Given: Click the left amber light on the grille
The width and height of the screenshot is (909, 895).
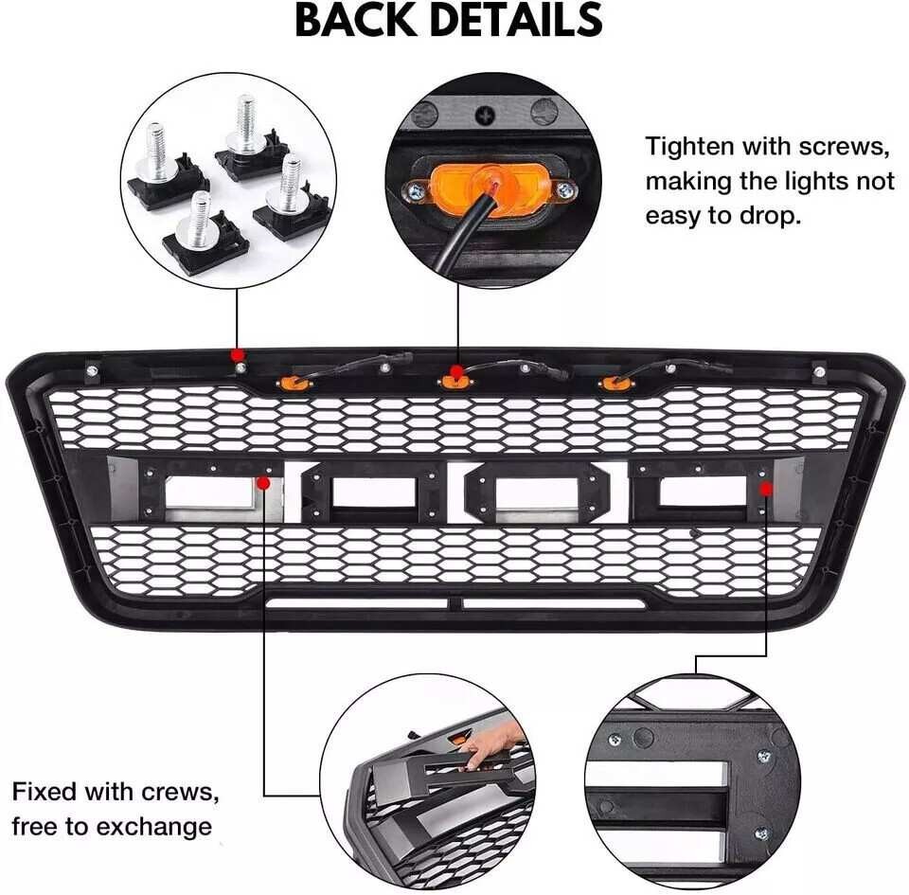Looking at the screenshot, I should pyautogui.click(x=290, y=383).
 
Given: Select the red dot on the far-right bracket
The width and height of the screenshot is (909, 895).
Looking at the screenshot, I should pyautogui.click(x=766, y=488).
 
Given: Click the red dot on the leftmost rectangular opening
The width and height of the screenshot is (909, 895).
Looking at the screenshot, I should pyautogui.click(x=263, y=483).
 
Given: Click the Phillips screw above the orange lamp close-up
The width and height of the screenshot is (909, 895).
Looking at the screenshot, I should pyautogui.click(x=486, y=116).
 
